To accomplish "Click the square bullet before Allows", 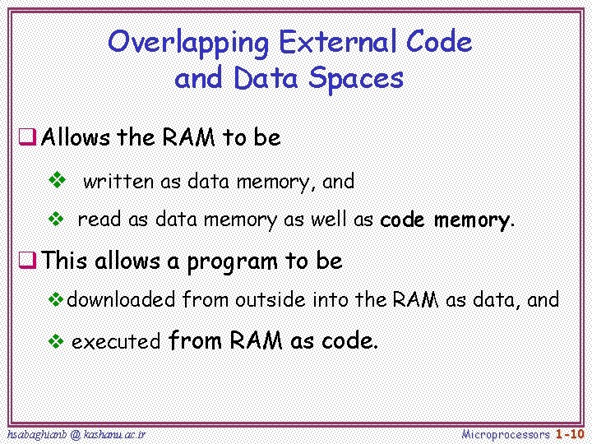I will pos(27,137).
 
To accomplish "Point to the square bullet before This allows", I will pos(27,261).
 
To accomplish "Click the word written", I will pos(115,181).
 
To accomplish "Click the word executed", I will pos(116,342).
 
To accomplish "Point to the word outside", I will pos(271,300).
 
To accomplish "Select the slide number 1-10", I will pos(569,433).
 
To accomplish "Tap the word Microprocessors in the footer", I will pos(506,433).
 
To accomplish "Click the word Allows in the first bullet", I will pos(76,137).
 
